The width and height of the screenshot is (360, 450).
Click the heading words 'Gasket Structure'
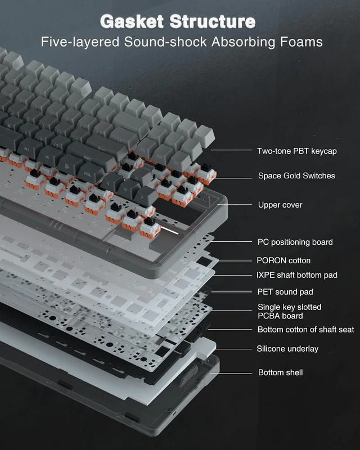click(178, 21)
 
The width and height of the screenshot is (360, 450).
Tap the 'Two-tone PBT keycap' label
click(297, 151)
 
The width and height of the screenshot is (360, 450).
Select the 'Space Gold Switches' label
click(296, 175)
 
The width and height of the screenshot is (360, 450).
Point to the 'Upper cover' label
click(280, 205)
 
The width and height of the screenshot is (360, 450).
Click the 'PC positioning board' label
click(295, 242)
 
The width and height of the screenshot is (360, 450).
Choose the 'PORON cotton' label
click(283, 260)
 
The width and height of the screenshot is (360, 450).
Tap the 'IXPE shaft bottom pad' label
click(297, 275)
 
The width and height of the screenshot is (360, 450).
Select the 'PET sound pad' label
click(285, 292)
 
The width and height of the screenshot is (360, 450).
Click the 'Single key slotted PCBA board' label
click(289, 312)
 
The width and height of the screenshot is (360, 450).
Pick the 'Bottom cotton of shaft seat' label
click(306, 330)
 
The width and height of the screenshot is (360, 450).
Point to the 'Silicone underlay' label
click(287, 349)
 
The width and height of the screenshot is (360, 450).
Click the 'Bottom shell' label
click(281, 372)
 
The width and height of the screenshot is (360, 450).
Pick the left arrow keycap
click(111, 183)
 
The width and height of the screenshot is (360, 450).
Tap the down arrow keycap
click(129, 190)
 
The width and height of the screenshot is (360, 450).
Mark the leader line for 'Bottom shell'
click(231, 373)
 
